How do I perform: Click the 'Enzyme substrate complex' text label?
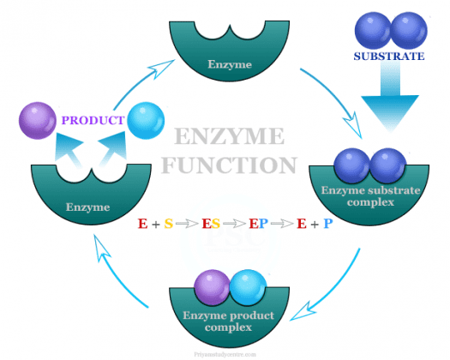(x=373, y=196)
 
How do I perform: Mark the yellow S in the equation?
(x=169, y=225)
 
